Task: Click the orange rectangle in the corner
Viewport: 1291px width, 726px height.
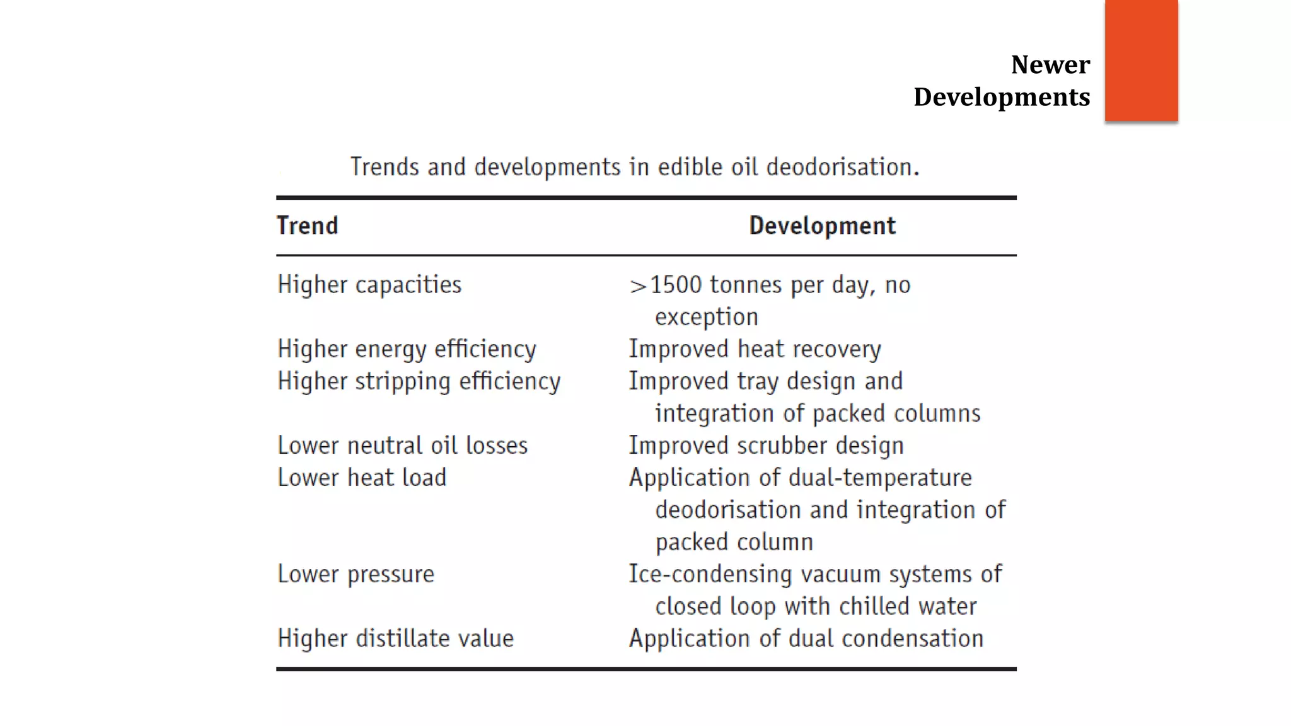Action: tap(1141, 60)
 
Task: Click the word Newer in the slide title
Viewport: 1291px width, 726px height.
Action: tap(1050, 64)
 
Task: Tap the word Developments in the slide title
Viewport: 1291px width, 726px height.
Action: tap(1002, 97)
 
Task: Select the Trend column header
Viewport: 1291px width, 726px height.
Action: tap(308, 226)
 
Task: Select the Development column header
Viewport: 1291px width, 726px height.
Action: tap(822, 226)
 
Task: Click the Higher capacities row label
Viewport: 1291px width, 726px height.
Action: tap(369, 285)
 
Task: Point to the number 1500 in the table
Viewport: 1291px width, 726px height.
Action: tap(676, 285)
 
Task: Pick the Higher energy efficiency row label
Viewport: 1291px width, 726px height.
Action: tap(407, 349)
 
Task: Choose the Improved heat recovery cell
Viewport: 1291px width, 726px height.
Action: tap(755, 349)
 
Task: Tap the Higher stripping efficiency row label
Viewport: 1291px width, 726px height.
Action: tap(419, 381)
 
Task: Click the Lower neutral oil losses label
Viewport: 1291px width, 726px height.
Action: tap(402, 446)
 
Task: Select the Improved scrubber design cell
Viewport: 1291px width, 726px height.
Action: tap(766, 446)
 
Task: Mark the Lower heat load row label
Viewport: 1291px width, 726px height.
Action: tap(362, 478)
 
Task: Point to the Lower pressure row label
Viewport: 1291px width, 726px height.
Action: tap(356, 574)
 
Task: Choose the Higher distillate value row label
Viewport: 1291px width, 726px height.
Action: tap(395, 638)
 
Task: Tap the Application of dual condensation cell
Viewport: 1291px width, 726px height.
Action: tap(806, 638)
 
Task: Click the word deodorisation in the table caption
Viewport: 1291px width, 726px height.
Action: tap(843, 167)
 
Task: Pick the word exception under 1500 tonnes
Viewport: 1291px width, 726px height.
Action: tap(706, 317)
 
